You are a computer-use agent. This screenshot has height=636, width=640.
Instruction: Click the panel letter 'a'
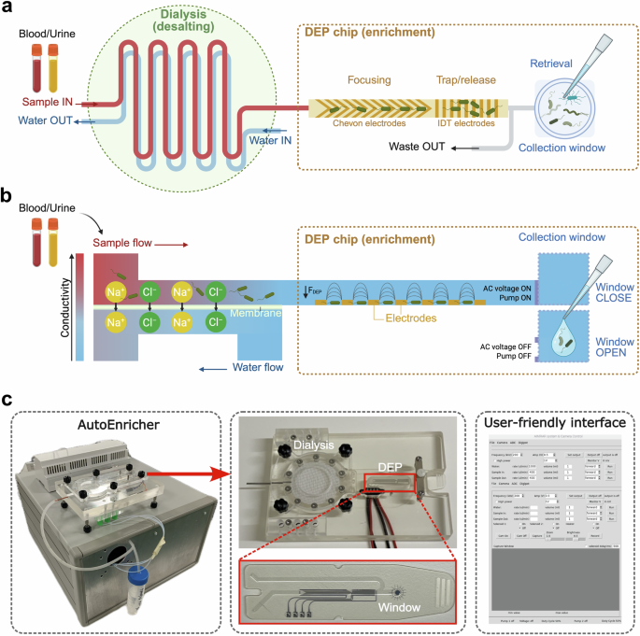pos(8,9)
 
